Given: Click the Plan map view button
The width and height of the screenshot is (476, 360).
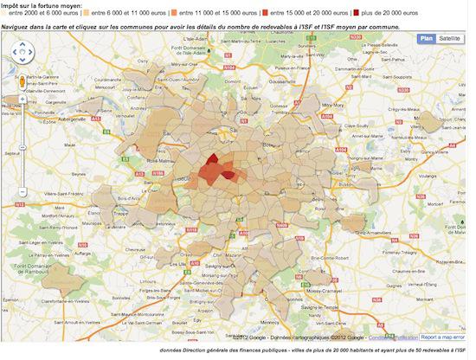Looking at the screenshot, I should [x=426, y=39].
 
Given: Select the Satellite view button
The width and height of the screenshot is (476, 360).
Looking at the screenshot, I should [x=450, y=39].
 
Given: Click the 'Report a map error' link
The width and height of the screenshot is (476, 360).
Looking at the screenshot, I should [x=443, y=337].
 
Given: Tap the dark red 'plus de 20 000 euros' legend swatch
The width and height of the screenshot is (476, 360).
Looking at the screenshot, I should [x=354, y=14].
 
